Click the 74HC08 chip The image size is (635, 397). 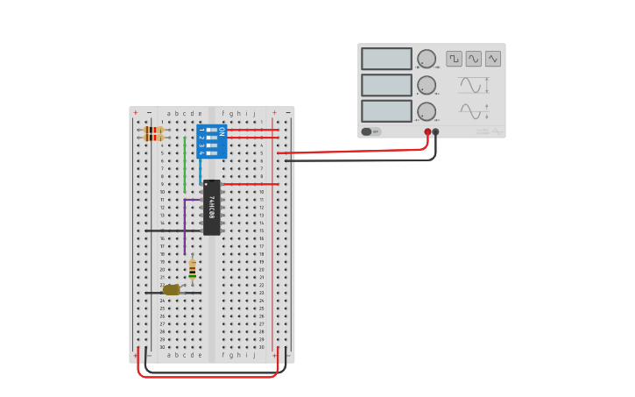point(212,208)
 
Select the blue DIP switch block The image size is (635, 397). point(211,141)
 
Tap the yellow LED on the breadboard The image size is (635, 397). point(172,289)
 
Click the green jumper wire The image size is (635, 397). point(184,165)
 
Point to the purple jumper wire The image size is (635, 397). point(185,223)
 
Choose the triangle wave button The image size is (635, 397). point(493,59)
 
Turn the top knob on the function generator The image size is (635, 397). point(427,59)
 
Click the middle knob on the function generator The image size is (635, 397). point(427,85)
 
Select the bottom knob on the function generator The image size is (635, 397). point(427,111)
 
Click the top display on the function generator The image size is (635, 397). point(386,59)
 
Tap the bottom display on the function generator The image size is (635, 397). point(386,111)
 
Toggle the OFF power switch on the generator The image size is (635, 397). point(371,131)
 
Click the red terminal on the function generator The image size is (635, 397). point(427,132)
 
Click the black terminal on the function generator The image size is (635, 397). point(436,132)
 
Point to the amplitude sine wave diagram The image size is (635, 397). point(472,85)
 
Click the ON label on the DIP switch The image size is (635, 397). point(222,131)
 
